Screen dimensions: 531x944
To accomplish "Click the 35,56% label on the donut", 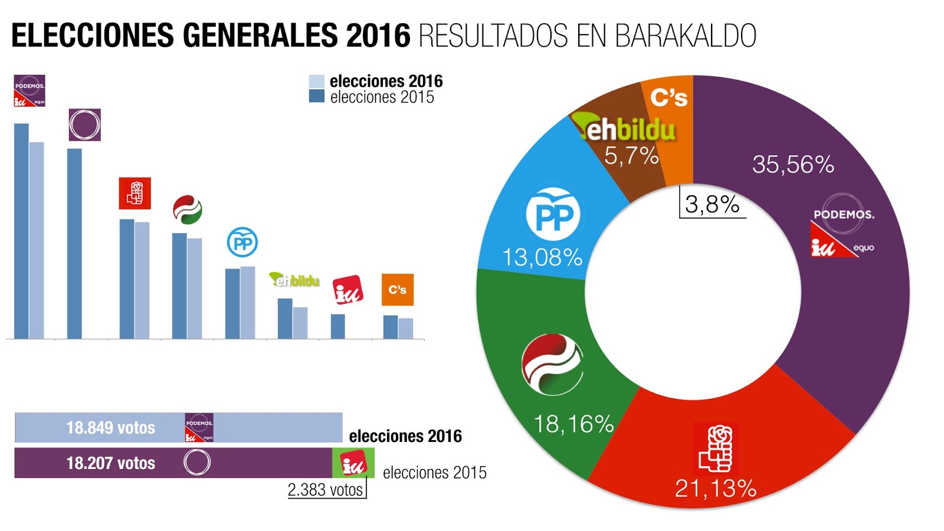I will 792,165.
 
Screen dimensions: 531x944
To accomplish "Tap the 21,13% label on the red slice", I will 715,489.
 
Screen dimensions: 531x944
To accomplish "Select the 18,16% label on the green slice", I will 573,424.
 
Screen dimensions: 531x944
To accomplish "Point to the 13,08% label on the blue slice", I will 542,258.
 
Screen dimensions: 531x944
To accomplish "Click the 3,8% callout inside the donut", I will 712,205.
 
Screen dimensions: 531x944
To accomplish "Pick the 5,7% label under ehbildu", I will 631,156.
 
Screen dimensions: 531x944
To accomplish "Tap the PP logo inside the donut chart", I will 553,215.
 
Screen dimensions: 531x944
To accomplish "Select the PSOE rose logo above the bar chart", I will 135,194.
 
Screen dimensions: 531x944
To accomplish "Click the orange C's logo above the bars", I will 397,290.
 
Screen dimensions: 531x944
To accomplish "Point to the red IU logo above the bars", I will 348,290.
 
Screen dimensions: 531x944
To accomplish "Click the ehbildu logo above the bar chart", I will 294,280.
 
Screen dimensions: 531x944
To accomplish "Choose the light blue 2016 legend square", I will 317,81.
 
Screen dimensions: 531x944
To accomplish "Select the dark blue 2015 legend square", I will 317,96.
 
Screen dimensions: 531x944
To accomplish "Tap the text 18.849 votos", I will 110,428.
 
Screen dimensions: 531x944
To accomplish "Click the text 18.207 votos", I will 110,463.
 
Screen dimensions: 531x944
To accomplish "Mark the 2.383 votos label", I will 325,490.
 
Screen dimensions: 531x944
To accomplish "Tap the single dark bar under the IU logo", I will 337,326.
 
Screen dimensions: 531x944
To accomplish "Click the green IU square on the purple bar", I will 353,463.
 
